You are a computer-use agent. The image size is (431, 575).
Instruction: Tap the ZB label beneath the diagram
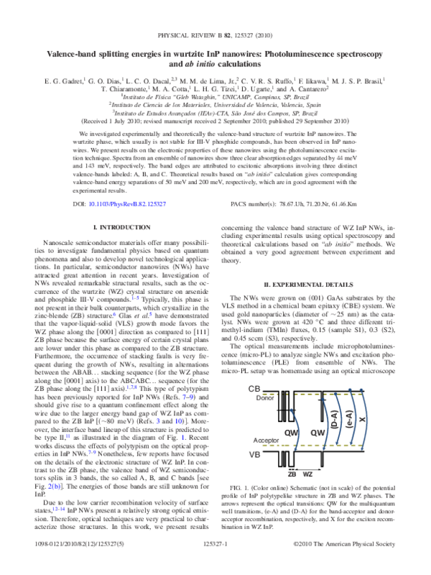pos(293,476)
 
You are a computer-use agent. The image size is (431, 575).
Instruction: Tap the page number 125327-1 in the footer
pos(215,566)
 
